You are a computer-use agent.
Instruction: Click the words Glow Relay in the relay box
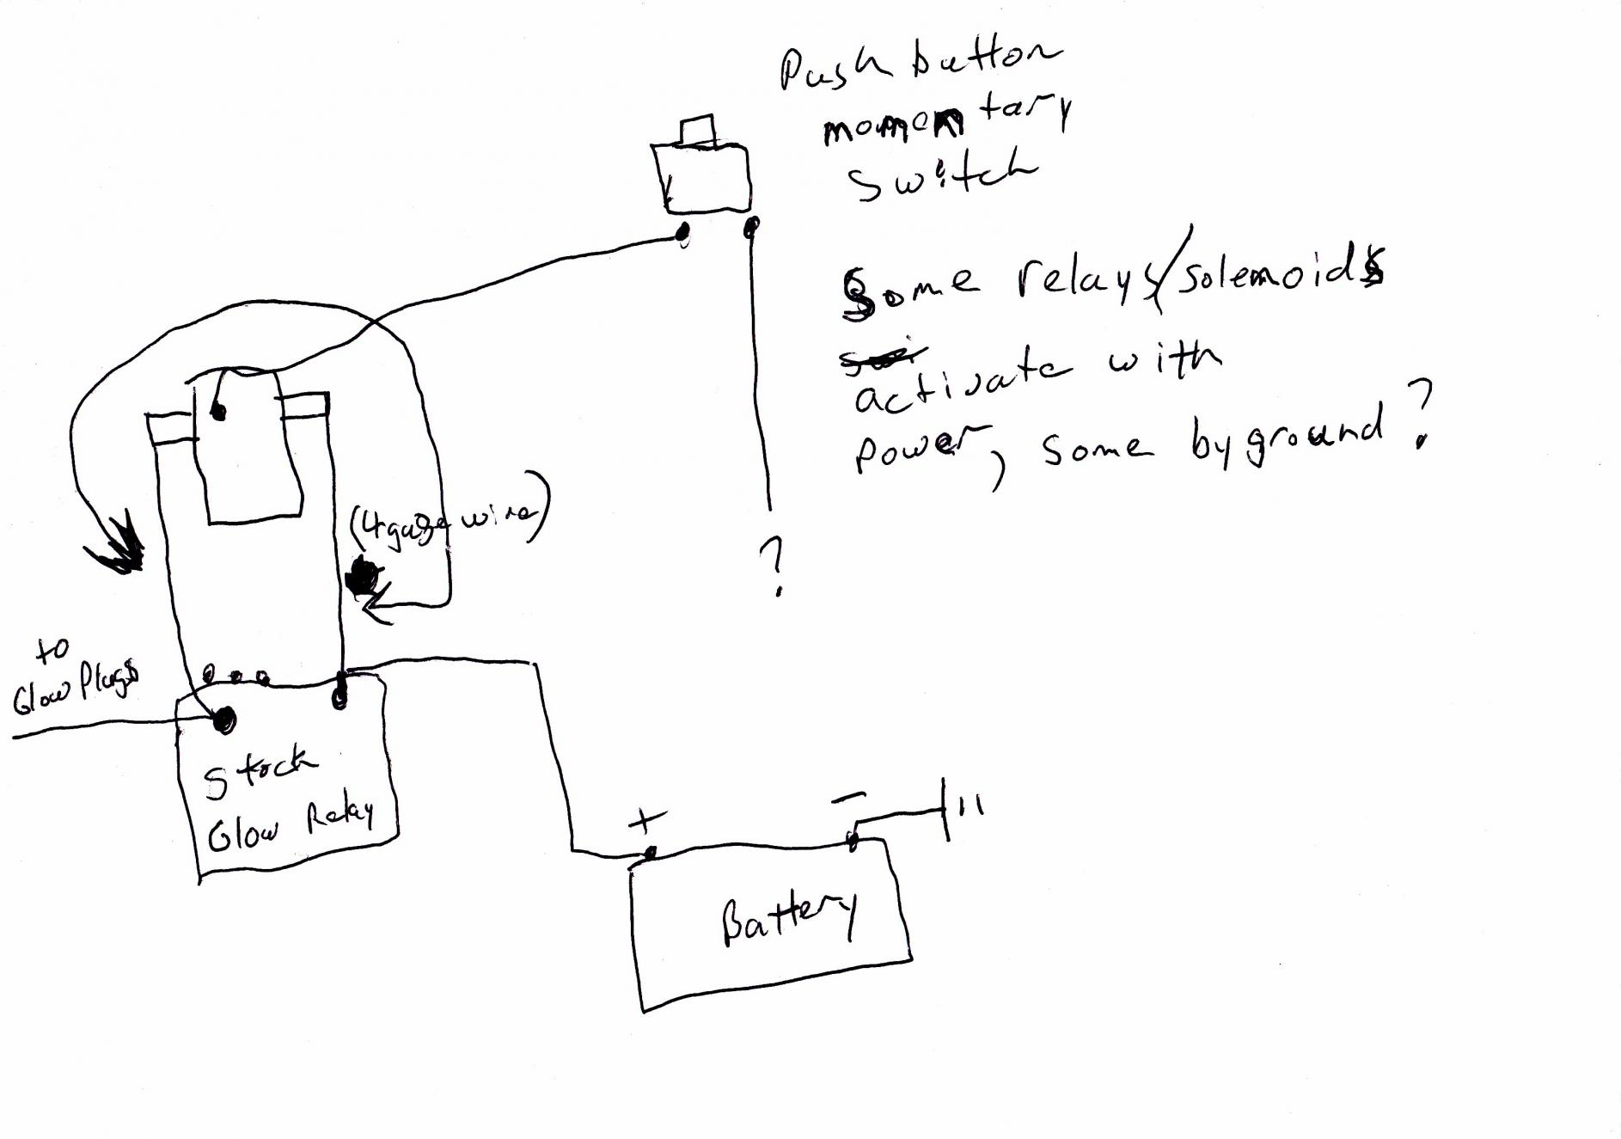(x=291, y=826)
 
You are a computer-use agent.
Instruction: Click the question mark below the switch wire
(x=774, y=566)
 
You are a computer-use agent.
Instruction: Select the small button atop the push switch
(x=697, y=130)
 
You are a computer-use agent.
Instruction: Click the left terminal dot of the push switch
(x=684, y=233)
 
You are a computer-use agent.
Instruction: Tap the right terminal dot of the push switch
(x=751, y=227)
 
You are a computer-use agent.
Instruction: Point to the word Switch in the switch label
(x=941, y=176)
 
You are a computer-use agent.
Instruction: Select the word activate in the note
(x=963, y=383)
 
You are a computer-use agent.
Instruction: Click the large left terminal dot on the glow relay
(x=224, y=720)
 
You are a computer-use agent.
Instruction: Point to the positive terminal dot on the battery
(x=651, y=853)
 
